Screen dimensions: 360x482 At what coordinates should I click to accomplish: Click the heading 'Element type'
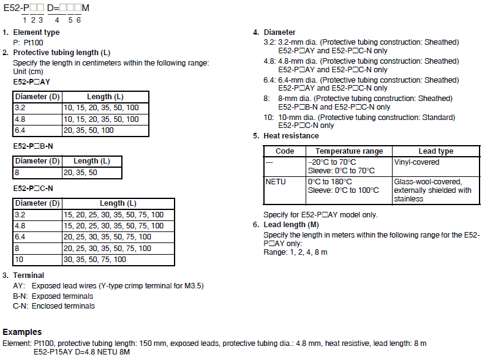click(36, 32)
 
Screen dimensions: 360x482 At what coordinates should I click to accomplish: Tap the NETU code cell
click(276, 182)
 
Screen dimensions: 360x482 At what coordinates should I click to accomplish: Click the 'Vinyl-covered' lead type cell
click(416, 162)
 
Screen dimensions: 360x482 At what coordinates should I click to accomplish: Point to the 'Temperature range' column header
click(349, 151)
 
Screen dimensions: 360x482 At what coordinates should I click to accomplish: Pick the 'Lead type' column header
click(435, 151)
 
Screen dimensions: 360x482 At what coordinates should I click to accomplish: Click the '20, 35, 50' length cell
click(80, 173)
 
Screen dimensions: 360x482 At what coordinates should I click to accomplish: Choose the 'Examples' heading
click(22, 332)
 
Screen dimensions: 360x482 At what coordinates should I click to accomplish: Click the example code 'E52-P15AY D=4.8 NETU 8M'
click(81, 352)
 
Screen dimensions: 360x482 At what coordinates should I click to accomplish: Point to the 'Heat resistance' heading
click(291, 136)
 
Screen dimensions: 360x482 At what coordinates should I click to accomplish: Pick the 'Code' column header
click(285, 151)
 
